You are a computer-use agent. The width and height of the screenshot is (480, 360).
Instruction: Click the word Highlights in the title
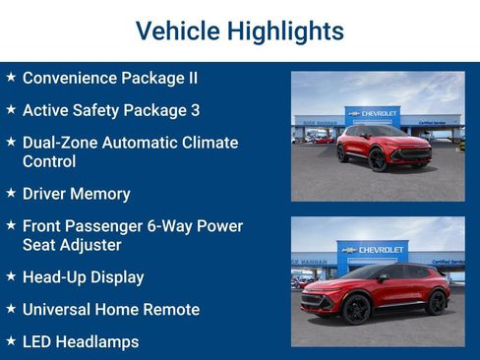tap(285, 31)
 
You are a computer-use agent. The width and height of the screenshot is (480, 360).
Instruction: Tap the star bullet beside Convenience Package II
tap(10, 77)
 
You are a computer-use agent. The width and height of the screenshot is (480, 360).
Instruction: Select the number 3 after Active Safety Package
tap(195, 110)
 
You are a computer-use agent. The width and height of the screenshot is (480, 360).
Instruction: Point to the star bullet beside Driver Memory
tap(10, 194)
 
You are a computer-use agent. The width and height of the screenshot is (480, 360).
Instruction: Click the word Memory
tap(102, 194)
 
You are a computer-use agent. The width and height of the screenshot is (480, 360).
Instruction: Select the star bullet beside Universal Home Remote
tap(10, 309)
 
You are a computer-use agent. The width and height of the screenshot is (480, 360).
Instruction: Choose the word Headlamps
tap(98, 341)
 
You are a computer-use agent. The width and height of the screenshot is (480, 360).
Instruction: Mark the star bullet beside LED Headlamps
tap(10, 341)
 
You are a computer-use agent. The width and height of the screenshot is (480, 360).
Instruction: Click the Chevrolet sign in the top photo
tap(374, 114)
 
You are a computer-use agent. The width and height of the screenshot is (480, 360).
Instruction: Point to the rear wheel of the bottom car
tap(436, 304)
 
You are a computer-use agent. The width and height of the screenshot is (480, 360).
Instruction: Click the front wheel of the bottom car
tap(357, 310)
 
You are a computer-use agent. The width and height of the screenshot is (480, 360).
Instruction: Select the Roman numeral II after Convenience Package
tap(190, 77)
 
